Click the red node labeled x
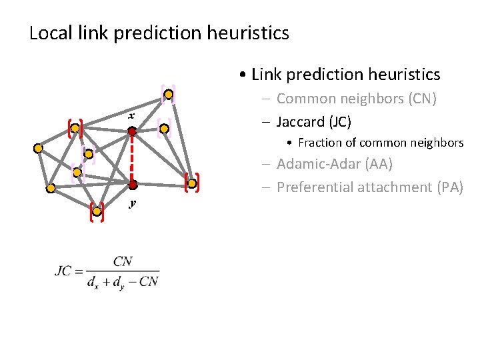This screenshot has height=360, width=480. [x=132, y=132]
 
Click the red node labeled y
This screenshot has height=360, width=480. [x=133, y=184]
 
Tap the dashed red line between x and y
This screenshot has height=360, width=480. [x=133, y=158]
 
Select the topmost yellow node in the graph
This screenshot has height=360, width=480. [x=170, y=95]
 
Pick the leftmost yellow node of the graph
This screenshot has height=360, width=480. [x=39, y=148]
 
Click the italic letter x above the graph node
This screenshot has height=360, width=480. [x=132, y=117]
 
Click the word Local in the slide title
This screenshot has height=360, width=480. [x=50, y=33]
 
